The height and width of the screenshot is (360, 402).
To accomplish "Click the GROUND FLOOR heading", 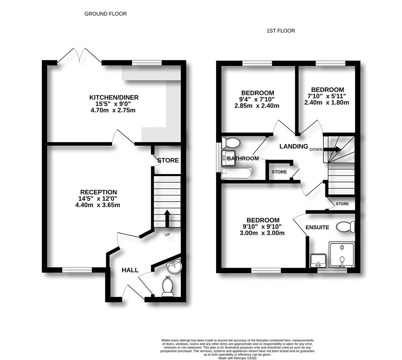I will (105, 14).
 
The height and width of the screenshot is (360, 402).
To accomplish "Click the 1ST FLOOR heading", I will (280, 31).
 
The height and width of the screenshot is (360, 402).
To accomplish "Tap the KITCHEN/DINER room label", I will (114, 98).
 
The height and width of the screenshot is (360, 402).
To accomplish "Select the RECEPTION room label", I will (98, 192).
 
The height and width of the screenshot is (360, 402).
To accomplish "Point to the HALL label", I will (130, 270).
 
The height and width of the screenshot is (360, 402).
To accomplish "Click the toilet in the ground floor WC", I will (168, 287).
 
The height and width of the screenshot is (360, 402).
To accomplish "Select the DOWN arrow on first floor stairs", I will (334, 149).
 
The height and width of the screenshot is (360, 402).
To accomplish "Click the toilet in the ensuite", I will (345, 227).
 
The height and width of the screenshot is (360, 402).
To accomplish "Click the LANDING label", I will (293, 146).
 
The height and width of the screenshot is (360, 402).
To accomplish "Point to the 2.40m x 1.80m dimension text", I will (327, 103).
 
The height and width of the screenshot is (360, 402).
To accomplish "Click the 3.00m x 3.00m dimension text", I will (262, 233).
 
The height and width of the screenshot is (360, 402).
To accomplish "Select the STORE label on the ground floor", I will (168, 160).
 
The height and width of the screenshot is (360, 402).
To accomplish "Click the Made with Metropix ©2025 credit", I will (237, 358).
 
